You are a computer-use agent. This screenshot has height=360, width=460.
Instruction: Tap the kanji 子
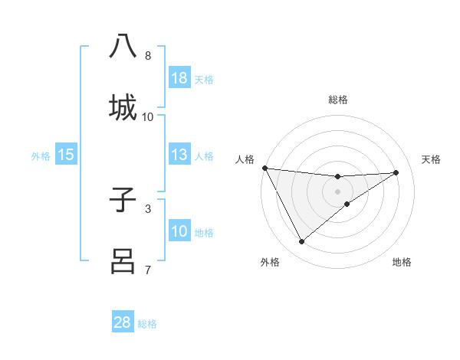pyautogui.click(x=123, y=198)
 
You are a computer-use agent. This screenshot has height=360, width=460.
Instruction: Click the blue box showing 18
pyautogui.click(x=179, y=77)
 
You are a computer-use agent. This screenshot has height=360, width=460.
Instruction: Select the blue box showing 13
pyautogui.click(x=179, y=155)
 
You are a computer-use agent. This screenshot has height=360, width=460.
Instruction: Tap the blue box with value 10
pyautogui.click(x=179, y=231)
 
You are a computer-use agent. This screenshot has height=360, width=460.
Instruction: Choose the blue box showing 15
pyautogui.click(x=65, y=155)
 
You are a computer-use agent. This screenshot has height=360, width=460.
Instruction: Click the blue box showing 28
pyautogui.click(x=123, y=322)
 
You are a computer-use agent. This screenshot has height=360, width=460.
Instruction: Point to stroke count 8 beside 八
pyautogui.click(x=148, y=55)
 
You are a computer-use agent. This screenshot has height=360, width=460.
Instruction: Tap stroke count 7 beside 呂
pyautogui.click(x=148, y=270)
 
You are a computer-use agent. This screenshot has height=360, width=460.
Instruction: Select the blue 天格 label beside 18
pyautogui.click(x=204, y=79)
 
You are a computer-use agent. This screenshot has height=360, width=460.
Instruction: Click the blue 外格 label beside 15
pyautogui.click(x=41, y=156)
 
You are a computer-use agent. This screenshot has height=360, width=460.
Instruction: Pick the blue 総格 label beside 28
pyautogui.click(x=147, y=324)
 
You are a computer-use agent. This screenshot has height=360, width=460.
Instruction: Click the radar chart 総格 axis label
pyautogui.click(x=337, y=100)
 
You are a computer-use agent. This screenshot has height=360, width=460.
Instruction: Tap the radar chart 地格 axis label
pyautogui.click(x=402, y=262)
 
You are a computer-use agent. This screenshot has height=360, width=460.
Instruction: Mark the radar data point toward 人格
pyautogui.click(x=264, y=167)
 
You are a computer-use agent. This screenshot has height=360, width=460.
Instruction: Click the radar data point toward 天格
pyautogui.click(x=396, y=172)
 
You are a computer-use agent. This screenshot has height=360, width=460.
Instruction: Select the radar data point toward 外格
pyautogui.click(x=301, y=241)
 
